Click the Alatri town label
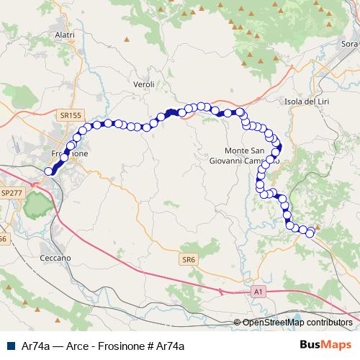[65, 34]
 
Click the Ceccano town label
[55, 257]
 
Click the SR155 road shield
[70, 115]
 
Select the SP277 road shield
[12, 194]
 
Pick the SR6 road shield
[189, 258]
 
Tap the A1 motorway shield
[259, 292]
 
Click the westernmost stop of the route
[49, 171]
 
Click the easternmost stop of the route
[311, 233]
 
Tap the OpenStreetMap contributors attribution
[297, 323]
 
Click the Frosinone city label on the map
[69, 154]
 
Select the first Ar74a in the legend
[36, 346]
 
